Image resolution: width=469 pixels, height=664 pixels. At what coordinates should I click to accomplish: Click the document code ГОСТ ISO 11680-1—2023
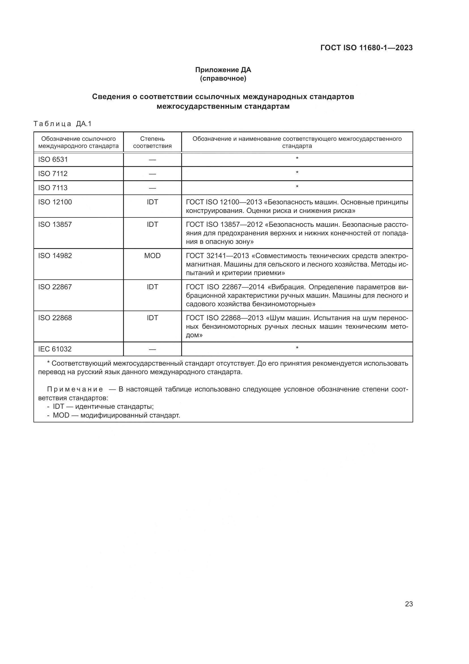[366, 48]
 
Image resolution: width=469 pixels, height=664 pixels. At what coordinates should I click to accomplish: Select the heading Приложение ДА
[223, 70]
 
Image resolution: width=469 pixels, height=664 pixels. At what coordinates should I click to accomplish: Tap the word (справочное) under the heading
[223, 79]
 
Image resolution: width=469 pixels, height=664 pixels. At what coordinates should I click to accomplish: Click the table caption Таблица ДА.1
[62, 124]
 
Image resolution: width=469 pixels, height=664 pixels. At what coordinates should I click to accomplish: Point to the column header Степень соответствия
[152, 142]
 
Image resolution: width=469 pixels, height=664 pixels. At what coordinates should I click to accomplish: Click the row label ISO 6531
[53, 160]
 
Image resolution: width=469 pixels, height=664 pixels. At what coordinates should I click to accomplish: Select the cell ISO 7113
[53, 188]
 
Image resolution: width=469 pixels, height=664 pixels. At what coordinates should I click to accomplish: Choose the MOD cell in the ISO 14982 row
[152, 256]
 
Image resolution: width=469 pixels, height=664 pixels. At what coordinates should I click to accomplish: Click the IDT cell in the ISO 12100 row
[152, 202]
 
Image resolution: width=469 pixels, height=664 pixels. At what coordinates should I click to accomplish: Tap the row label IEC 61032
[55, 349]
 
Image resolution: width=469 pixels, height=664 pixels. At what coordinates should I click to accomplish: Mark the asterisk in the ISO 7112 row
[297, 173]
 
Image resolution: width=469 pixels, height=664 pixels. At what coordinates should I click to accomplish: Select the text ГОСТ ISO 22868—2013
[225, 318]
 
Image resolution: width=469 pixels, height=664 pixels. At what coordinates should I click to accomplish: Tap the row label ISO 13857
[55, 225]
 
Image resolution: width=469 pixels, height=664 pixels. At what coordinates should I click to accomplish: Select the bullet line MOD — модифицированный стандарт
[116, 416]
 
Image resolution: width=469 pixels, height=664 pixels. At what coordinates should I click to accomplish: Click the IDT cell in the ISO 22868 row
[152, 318]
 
